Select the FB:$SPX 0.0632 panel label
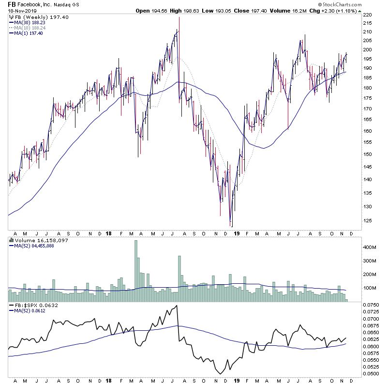(x=32, y=306)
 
